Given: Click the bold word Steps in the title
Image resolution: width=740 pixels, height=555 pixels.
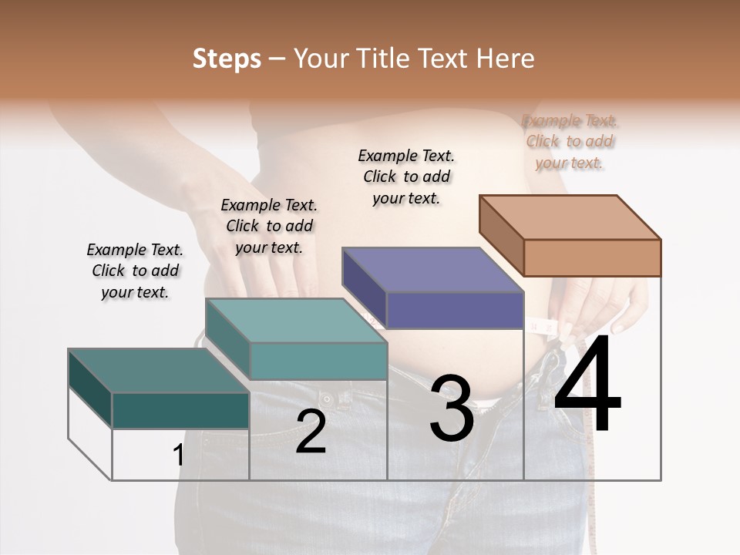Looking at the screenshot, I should (x=227, y=59).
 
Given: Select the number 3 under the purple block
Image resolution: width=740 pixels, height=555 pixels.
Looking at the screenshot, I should (x=451, y=408).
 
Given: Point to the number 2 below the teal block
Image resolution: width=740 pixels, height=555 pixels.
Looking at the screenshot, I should (x=311, y=432).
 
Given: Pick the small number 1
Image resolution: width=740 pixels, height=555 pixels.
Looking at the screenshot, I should (x=178, y=456).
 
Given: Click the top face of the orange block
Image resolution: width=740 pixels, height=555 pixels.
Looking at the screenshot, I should (x=570, y=217).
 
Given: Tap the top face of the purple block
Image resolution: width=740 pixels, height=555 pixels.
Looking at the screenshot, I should (x=432, y=270).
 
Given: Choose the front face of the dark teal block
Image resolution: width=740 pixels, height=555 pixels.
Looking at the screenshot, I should (x=180, y=410).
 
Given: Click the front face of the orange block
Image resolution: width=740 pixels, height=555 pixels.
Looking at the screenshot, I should (x=591, y=257).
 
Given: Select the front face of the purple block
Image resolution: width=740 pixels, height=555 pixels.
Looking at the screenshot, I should (x=454, y=310).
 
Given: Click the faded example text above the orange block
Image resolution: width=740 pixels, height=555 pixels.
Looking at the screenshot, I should (x=570, y=142).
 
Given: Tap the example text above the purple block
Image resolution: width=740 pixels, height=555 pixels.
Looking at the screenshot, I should (x=406, y=177).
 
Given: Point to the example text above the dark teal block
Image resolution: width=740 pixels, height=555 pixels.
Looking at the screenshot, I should (x=135, y=271).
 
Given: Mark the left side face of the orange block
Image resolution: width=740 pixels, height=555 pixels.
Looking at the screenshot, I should (x=501, y=234).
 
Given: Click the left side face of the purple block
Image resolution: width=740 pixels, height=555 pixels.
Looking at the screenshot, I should (x=364, y=287).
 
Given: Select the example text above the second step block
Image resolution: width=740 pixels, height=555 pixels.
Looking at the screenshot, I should (x=269, y=226).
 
